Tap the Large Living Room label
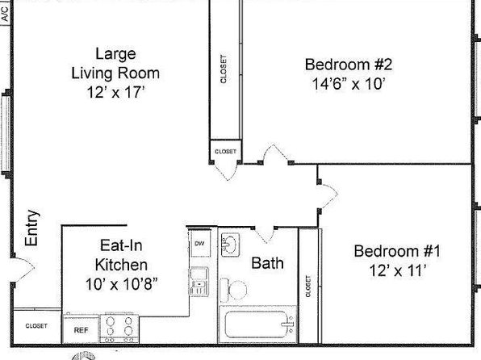pos(115,64)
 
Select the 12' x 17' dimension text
pos(115,92)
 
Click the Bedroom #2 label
pos(349,65)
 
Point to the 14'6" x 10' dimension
pos(349,83)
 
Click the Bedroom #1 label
pos(397,251)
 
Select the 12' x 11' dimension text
pos(398,270)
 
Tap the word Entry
pos(32,228)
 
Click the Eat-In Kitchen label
pos(121,255)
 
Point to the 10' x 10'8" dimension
pos(122,284)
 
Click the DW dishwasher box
pos(200,243)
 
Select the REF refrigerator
pos(81,329)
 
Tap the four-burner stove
pos(119,329)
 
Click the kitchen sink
pos(199,282)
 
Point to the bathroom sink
pos(230,245)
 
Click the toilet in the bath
pos(233,290)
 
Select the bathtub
pos(257,324)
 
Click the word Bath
pos(267,263)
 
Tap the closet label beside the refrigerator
pos(36,325)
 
